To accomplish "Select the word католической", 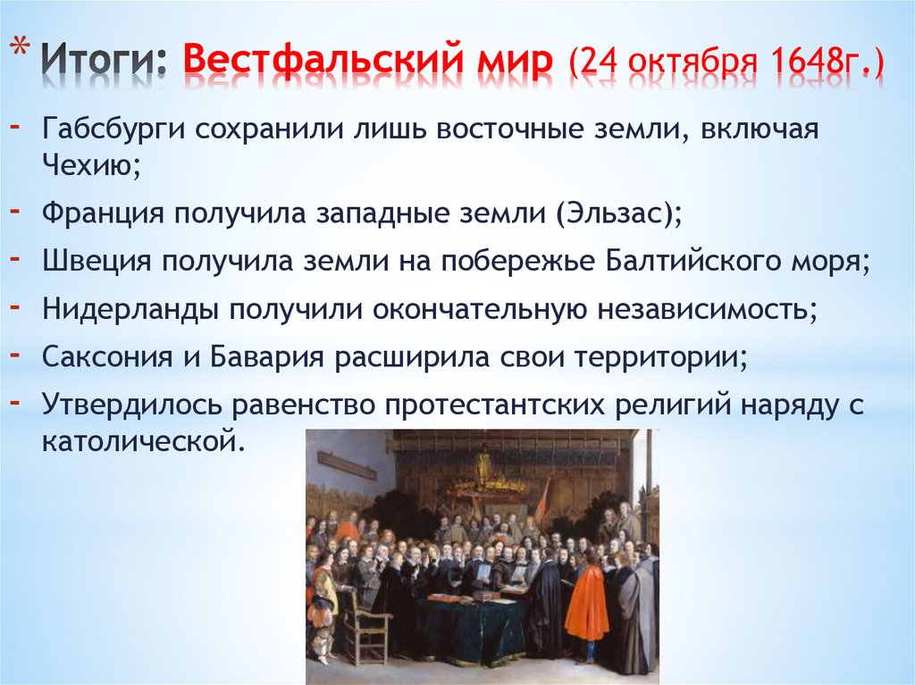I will pos(141,440).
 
